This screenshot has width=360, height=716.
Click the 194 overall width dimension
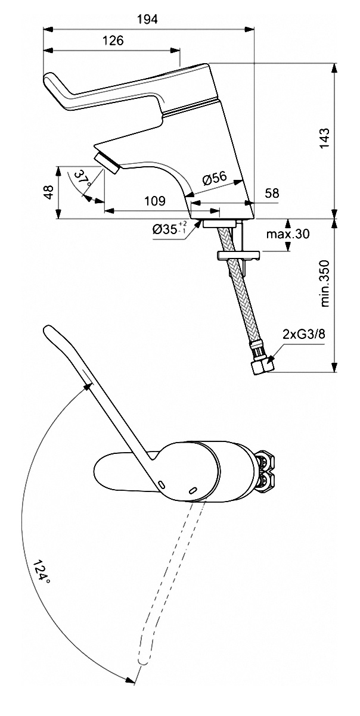(147, 20)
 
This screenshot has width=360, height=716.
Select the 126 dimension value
(113, 41)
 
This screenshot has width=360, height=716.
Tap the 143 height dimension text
(324, 138)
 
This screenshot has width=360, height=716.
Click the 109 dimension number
(155, 201)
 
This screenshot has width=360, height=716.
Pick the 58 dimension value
(272, 193)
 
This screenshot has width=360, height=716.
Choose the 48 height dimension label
(48, 192)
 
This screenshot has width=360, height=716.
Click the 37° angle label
(82, 179)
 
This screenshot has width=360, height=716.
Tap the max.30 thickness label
(288, 234)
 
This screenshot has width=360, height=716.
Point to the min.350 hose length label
(324, 284)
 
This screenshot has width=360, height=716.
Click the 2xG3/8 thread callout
(304, 335)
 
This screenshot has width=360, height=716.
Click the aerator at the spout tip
(107, 163)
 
